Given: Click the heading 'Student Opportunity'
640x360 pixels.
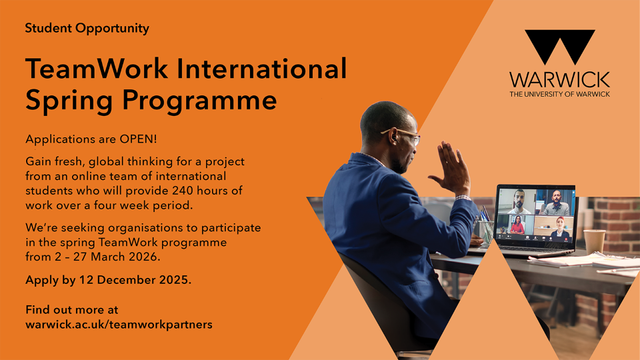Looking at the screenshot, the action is [x=87, y=29].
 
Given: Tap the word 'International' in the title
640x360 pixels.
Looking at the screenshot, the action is [x=261, y=68].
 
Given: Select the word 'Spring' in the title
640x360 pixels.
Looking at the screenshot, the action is [x=69, y=101].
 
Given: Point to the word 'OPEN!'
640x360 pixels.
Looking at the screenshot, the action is [x=138, y=139].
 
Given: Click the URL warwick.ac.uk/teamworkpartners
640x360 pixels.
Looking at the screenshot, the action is [x=119, y=325].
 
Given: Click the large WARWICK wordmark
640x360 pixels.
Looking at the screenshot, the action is [x=559, y=79].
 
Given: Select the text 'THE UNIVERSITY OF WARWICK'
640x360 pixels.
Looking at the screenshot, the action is [x=559, y=94].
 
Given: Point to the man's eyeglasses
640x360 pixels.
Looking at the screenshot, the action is [x=401, y=135].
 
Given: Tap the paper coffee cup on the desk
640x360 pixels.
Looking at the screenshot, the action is [x=594, y=242].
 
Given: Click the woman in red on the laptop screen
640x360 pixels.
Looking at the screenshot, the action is [x=517, y=225].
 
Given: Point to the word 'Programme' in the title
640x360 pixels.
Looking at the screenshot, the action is [x=199, y=101].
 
